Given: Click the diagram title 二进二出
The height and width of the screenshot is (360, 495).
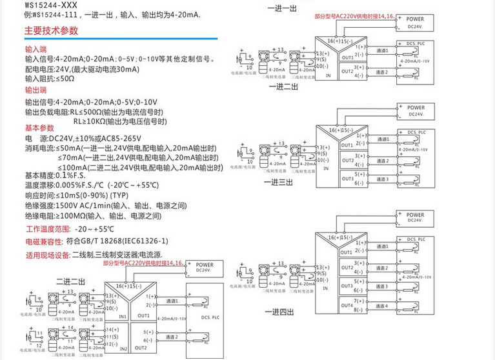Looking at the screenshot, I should (70, 281).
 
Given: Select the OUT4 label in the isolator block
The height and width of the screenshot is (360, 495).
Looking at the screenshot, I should (347, 305).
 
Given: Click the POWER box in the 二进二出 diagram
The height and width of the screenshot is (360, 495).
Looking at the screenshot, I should (205, 268).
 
